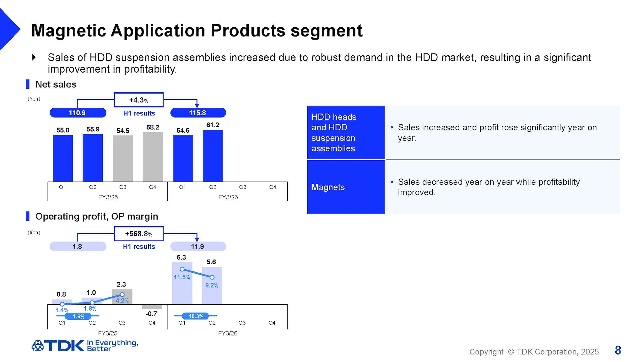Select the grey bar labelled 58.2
153,157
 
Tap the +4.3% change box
139,100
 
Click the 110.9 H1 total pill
78,113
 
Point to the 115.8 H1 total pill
198,113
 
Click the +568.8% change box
139,234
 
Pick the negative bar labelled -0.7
152,307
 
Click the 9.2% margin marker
212,277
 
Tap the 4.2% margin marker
122,294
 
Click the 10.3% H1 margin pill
196,316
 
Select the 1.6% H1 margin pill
78,316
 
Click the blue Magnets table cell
346,187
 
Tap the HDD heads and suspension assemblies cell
346,133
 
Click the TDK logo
58,346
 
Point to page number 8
618,350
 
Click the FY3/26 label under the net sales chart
228,197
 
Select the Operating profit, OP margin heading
96,217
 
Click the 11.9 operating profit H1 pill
198,246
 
